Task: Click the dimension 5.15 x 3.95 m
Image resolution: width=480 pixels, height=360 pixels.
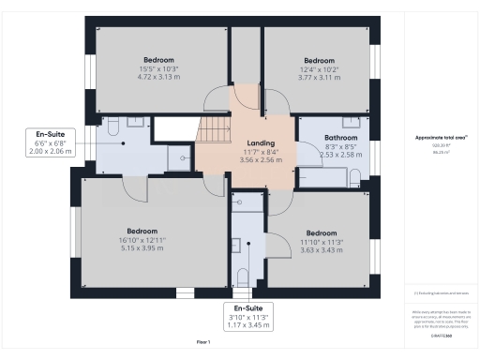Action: click(x=142, y=248)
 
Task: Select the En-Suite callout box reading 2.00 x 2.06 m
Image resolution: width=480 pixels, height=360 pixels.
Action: click(x=50, y=142)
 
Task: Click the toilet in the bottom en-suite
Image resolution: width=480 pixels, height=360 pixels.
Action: click(x=243, y=276)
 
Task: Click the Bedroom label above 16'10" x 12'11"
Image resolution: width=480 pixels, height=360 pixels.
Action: click(x=142, y=231)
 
